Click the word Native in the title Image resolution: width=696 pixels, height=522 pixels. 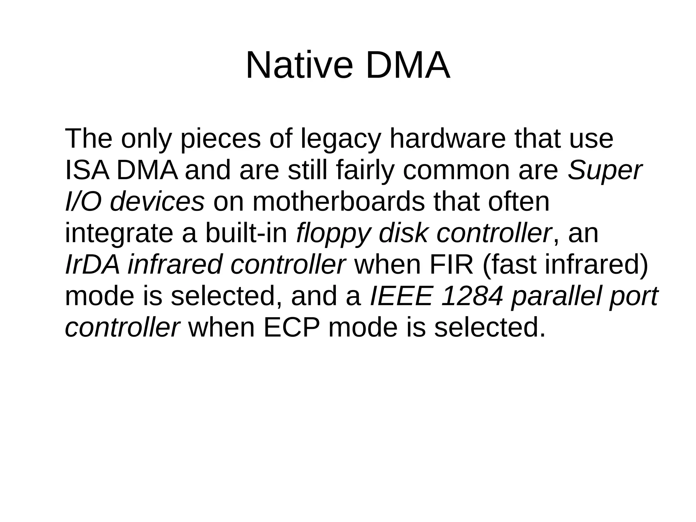[x=299, y=65]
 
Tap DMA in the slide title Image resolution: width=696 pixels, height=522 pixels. [x=407, y=65]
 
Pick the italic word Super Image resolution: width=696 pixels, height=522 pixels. [x=605, y=171]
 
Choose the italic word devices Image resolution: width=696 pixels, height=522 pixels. [x=157, y=202]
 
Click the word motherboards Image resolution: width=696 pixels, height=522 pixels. [x=338, y=202]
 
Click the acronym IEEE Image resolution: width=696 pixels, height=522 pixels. [x=401, y=296]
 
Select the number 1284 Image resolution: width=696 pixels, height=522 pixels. [x=472, y=296]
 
